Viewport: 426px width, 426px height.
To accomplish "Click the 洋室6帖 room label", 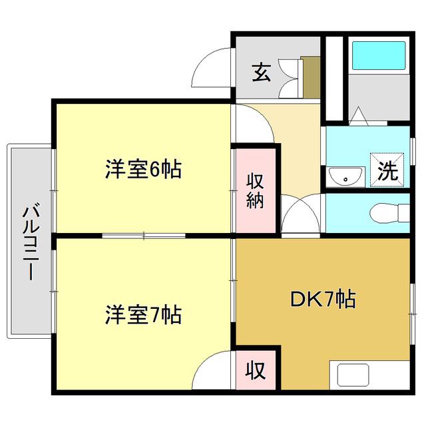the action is (x=143, y=170).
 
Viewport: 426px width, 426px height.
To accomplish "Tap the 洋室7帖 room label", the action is (x=143, y=315).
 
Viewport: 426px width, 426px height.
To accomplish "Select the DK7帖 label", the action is (x=323, y=299).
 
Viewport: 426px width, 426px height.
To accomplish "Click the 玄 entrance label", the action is (x=262, y=73).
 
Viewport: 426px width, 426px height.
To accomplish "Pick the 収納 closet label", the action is (x=255, y=191).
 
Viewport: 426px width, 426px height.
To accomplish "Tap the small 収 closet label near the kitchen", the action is (x=255, y=370).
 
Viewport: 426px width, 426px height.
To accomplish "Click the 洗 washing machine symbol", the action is (x=387, y=170).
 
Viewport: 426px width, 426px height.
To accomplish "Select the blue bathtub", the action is (x=379, y=55).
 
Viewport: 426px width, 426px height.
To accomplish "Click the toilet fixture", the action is (x=389, y=213).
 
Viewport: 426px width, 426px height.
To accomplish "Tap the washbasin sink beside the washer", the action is (x=345, y=176).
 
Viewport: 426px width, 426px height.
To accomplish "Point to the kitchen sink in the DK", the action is (x=353, y=375).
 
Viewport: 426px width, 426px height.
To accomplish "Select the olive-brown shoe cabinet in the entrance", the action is (x=310, y=77).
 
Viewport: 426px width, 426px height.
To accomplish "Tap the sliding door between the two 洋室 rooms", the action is (x=144, y=236).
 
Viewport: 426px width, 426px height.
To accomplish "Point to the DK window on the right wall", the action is (x=413, y=314).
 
